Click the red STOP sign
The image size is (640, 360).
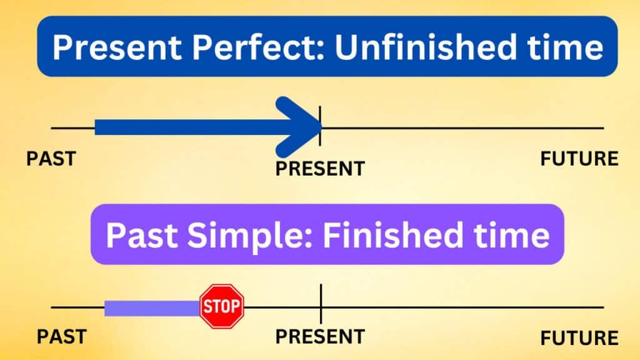click(221, 306)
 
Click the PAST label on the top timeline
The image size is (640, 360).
click(51, 158)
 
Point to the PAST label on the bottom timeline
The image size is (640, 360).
click(61, 336)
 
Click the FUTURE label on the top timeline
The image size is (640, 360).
click(579, 159)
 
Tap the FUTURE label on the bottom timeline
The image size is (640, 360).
click(579, 338)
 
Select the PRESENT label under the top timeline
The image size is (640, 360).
click(320, 168)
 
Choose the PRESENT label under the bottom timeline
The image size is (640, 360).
click(320, 336)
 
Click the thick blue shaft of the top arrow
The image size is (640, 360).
click(187, 127)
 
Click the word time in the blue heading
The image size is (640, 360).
click(569, 49)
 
